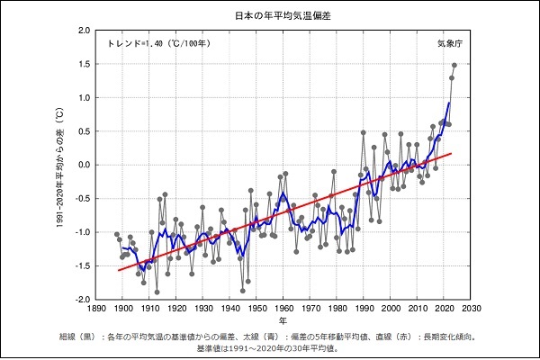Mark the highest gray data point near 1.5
[x=454, y=65]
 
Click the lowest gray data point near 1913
[x=157, y=292]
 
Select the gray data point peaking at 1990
[x=364, y=132]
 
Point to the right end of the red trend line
[x=452, y=154]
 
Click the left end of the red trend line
[x=118, y=270]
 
